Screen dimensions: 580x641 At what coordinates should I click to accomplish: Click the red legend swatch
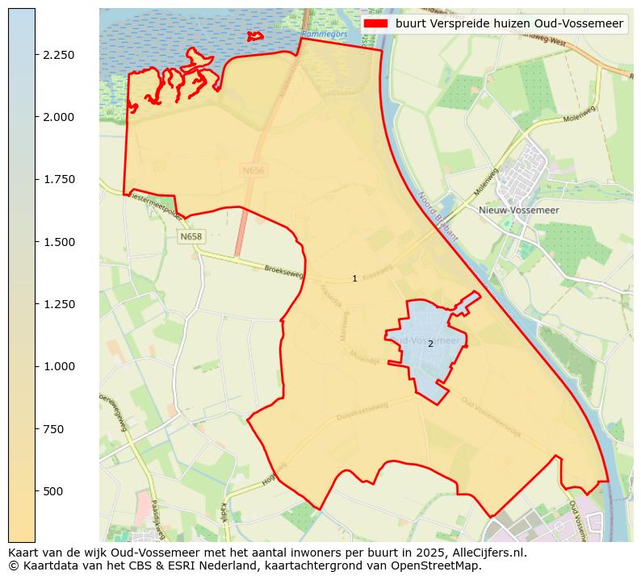coord(375,24)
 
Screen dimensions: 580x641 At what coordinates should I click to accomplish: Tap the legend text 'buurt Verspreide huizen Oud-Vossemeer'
coord(509,24)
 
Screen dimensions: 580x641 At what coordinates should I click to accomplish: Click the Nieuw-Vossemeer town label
coord(514,210)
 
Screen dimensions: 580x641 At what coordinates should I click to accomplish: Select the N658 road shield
coord(191,236)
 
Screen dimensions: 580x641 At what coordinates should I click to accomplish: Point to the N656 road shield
coord(252,171)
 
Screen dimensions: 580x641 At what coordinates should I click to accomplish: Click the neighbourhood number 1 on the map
coord(354,279)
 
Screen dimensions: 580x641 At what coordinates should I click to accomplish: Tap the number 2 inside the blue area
coord(430,344)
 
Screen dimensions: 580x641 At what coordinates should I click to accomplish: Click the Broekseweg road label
coord(283,272)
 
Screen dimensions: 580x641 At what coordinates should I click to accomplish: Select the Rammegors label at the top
coord(325,35)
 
